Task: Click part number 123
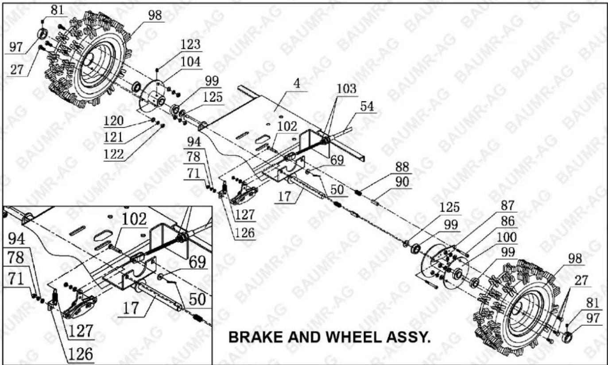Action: pos(190,44)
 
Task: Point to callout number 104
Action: pos(190,62)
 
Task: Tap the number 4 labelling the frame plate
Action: pos(297,83)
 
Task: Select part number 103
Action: pos(347,89)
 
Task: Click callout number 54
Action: pos(367,106)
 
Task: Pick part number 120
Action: pos(113,121)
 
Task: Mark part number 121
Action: pos(113,137)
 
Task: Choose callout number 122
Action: pos(113,155)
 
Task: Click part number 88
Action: pos(402,167)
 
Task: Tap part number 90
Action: pos(402,182)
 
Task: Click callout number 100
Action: pos(507,237)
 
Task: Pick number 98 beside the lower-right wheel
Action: pos(575,259)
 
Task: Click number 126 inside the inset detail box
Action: pos(81,354)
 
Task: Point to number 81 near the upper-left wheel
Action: pos(57,10)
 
